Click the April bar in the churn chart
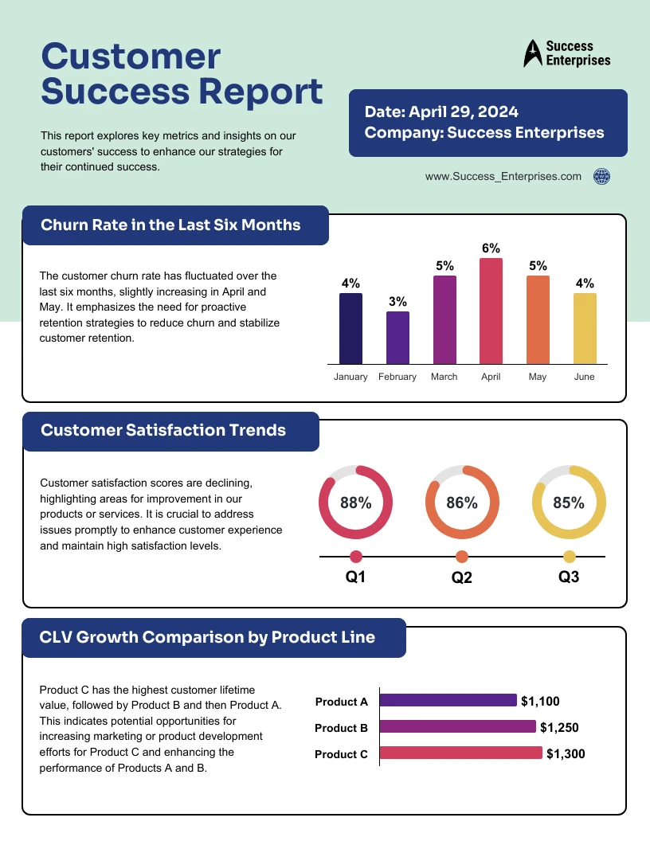click(x=491, y=311)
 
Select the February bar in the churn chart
click(x=397, y=337)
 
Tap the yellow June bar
click(x=585, y=328)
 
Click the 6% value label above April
click(x=491, y=248)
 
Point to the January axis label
click(x=350, y=377)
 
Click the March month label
click(x=444, y=377)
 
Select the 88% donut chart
click(x=355, y=503)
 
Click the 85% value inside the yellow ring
click(x=569, y=503)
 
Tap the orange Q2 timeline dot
click(x=462, y=557)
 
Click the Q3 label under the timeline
click(x=569, y=577)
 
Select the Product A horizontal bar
click(x=448, y=700)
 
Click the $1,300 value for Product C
click(x=566, y=753)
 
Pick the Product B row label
click(x=341, y=728)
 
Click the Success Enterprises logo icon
click(x=531, y=53)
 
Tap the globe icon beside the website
click(x=602, y=177)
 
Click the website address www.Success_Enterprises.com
click(x=503, y=177)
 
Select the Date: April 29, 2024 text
click(x=441, y=112)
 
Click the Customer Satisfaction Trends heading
click(x=163, y=431)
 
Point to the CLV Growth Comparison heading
click(x=207, y=637)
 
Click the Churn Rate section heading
click(x=170, y=225)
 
